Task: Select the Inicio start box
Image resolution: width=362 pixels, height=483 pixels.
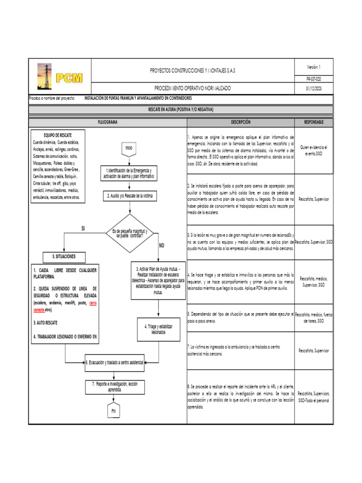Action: click(129, 148)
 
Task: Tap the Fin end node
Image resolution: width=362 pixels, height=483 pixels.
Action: click(113, 411)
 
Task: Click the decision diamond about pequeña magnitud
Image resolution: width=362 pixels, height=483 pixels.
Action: click(130, 233)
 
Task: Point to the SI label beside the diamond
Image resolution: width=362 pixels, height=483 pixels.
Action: click(83, 228)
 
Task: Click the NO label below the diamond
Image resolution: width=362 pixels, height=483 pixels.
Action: click(162, 246)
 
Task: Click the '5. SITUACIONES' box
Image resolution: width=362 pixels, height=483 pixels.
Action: click(64, 257)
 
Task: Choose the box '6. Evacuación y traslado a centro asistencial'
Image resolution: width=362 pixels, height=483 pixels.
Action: click(115, 362)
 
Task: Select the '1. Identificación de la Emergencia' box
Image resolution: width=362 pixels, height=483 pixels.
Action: click(129, 173)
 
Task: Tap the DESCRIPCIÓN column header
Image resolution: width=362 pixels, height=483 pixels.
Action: click(240, 122)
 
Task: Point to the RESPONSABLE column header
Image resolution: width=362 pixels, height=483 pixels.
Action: click(313, 122)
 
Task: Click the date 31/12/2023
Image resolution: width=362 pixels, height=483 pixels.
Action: click(314, 88)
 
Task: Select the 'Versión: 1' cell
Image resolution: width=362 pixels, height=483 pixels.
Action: click(314, 67)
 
